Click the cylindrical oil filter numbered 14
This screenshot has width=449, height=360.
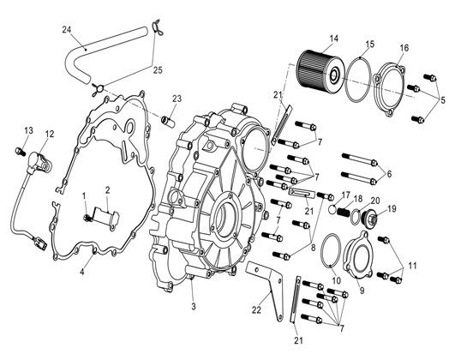point(320,69)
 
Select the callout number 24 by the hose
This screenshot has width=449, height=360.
point(67,30)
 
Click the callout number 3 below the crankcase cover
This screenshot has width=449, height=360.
point(194,307)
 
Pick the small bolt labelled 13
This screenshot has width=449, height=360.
point(20,151)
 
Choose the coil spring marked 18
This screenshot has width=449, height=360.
point(344,212)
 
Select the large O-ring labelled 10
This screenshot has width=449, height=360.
point(331,249)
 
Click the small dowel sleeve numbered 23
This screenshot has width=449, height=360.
point(170,121)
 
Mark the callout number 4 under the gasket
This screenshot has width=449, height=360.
point(82,272)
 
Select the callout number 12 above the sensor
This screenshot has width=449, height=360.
point(49,134)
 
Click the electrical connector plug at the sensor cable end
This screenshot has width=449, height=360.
point(40,243)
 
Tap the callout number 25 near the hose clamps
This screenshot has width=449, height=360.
point(158,70)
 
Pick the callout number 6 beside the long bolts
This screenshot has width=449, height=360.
point(389,173)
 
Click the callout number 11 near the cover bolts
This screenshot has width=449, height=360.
point(412,266)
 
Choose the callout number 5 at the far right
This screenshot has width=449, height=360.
point(443,100)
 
